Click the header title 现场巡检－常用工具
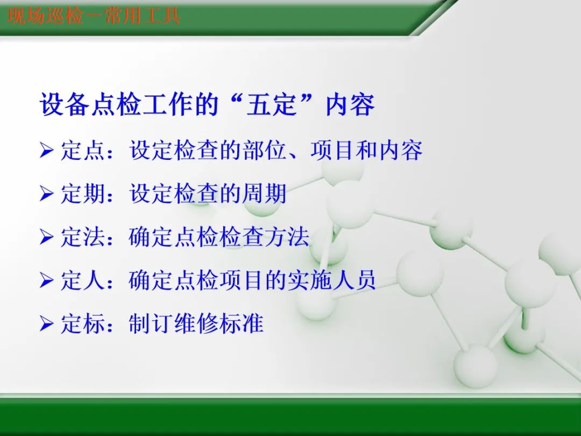[x=94, y=16]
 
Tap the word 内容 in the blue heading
[x=350, y=105]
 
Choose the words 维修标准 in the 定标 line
[x=219, y=324]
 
